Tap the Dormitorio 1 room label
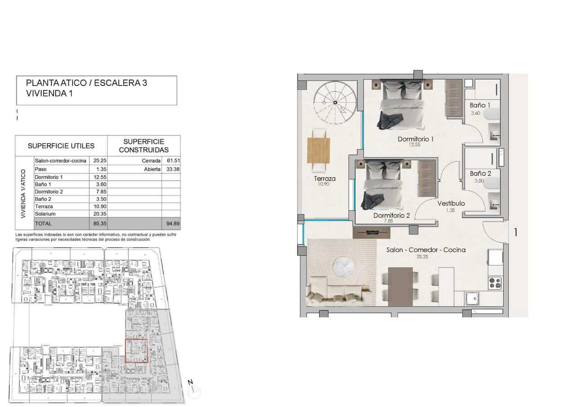tap(415, 139)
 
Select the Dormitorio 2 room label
tap(391, 216)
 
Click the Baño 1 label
tap(480, 105)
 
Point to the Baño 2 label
tap(480, 173)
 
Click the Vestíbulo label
tap(451, 204)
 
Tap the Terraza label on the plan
tap(324, 179)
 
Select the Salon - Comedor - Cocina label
tap(426, 250)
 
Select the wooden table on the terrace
tap(318, 150)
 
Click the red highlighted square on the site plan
tap(136, 351)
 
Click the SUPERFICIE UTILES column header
tap(61, 146)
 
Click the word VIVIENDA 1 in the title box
tap(49, 94)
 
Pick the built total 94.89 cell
tap(171, 223)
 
